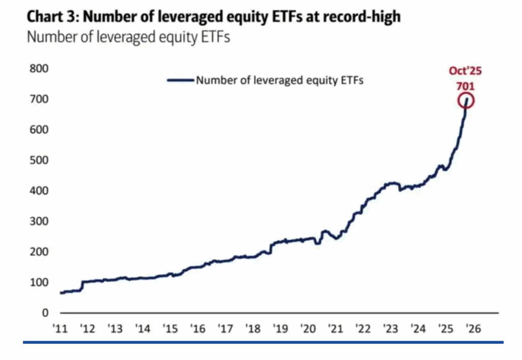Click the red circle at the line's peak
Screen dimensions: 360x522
click(x=466, y=100)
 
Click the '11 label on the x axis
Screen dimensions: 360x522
click(x=61, y=328)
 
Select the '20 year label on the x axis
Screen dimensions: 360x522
click(x=309, y=328)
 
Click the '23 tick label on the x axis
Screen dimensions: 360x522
click(x=391, y=328)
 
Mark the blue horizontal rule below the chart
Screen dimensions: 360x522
click(x=263, y=342)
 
